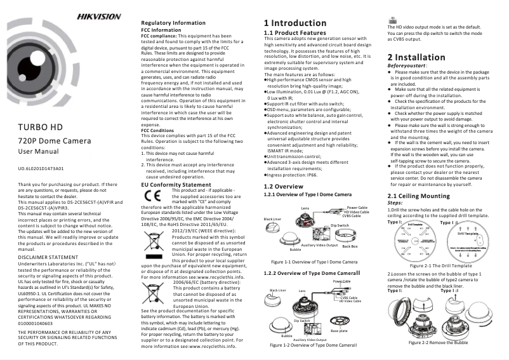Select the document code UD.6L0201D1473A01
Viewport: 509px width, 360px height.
coord(41,169)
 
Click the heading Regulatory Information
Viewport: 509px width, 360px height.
coord(173,23)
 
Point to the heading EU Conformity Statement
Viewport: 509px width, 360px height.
coord(175,185)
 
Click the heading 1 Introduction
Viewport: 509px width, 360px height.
coord(295,23)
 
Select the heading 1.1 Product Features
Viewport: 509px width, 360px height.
coord(294,32)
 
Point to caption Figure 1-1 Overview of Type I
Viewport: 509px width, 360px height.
coord(314,262)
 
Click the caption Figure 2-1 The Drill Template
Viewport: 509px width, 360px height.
coord(440,265)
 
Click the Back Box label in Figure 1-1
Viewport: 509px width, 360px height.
coord(350,246)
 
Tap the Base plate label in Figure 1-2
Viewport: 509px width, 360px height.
coord(339,330)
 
